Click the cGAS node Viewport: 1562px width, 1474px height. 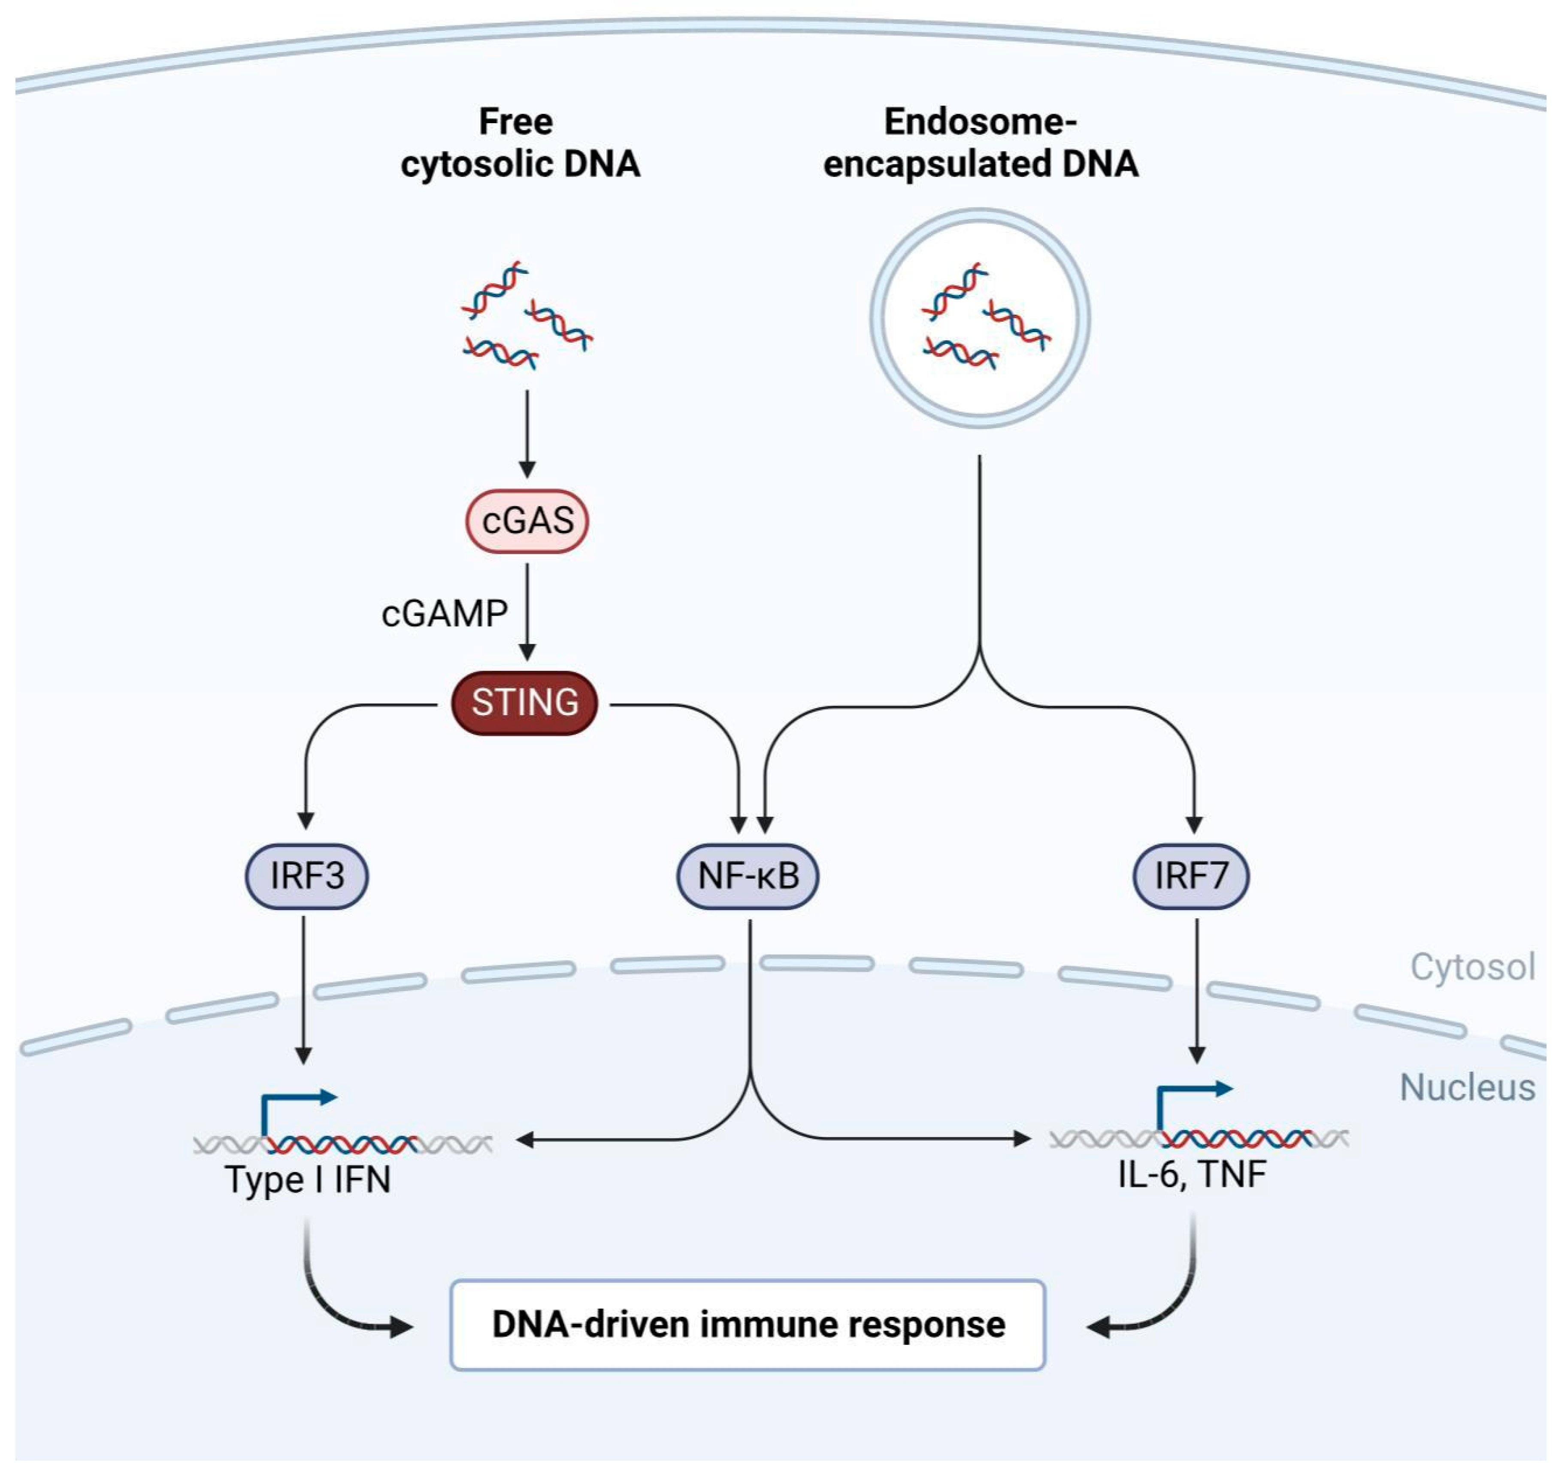(527, 521)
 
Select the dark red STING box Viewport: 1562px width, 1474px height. (525, 703)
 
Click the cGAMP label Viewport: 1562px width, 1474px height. (445, 614)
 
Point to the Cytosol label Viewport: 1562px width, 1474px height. (1471, 967)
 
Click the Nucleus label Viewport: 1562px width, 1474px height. (1467, 1088)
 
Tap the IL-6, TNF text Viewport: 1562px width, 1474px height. (1192, 1174)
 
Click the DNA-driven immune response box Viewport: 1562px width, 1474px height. (748, 1325)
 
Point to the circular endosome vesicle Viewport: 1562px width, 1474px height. (980, 318)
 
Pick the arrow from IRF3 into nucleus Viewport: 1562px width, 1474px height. (304, 991)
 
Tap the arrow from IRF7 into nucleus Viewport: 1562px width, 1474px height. (1197, 991)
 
